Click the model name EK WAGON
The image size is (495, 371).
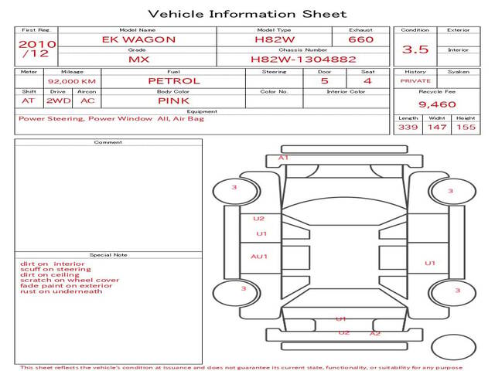pos(138,39)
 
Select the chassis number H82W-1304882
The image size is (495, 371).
pos(303,60)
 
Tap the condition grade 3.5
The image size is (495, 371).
pos(415,49)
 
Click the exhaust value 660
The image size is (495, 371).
pos(361,39)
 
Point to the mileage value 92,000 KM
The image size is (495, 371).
pos(72,81)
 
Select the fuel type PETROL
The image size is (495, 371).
pos(174,81)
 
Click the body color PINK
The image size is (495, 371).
pos(173,101)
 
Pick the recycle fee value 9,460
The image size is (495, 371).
pos(437,104)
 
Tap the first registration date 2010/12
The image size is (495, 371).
pos(37,49)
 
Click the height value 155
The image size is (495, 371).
pos(466,127)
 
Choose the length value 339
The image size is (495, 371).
pos(408,127)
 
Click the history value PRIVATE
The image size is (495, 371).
pos(415,80)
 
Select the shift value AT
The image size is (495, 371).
pos(28,101)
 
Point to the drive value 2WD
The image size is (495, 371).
pos(59,101)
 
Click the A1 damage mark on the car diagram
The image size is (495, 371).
pos(283,158)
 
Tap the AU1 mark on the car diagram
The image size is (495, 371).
pos(259,257)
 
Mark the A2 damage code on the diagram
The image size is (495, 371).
pos(375,333)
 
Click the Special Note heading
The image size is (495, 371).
pos(108,255)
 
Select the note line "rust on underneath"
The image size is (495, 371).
pos(61,291)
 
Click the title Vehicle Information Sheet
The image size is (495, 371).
pos(247,14)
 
